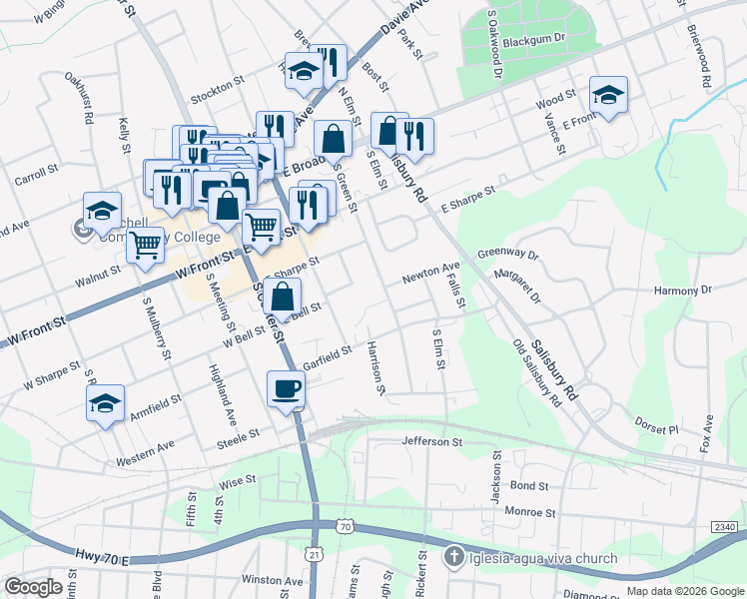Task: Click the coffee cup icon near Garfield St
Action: click(287, 388)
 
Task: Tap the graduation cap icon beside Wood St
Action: click(608, 95)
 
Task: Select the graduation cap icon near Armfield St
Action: click(105, 403)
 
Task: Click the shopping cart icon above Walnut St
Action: click(146, 244)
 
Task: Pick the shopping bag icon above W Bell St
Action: click(285, 296)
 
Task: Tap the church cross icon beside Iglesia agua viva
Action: click(453, 557)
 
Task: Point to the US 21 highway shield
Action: click(316, 581)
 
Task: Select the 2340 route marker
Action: click(726, 526)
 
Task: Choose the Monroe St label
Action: click(529, 512)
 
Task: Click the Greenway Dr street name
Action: click(507, 255)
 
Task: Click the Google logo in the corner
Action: click(33, 587)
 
